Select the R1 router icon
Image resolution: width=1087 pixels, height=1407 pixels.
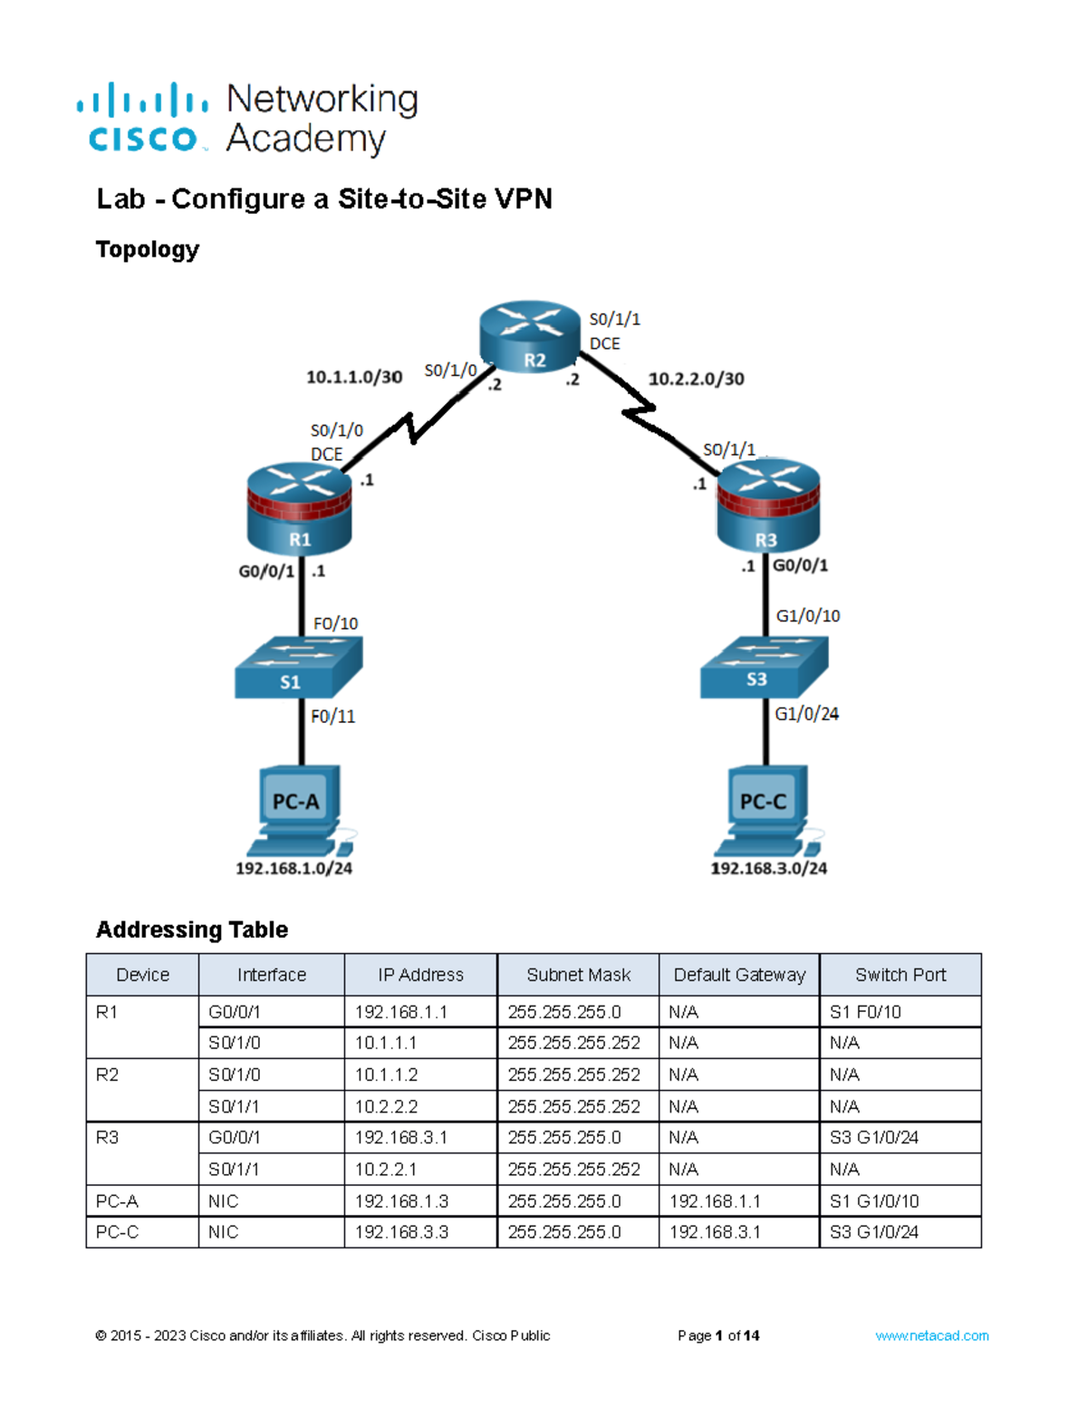pyautogui.click(x=299, y=508)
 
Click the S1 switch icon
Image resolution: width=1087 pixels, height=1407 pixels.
pyautogui.click(x=298, y=667)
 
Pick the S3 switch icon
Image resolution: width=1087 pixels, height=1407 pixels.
pyautogui.click(x=764, y=667)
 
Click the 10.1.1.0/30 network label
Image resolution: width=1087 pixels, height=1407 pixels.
pyautogui.click(x=354, y=377)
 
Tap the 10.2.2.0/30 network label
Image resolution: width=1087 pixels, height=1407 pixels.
pyautogui.click(x=696, y=379)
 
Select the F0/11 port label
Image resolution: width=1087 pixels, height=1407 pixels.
pyautogui.click(x=332, y=717)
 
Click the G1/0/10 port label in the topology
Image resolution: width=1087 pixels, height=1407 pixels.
pyautogui.click(x=808, y=616)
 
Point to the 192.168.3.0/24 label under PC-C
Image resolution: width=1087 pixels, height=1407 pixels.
pyautogui.click(x=768, y=868)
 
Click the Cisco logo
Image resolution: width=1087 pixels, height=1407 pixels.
pyautogui.click(x=143, y=118)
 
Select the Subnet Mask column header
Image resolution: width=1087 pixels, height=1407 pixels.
pyautogui.click(x=578, y=975)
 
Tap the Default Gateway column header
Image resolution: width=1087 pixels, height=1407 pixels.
pyautogui.click(x=739, y=975)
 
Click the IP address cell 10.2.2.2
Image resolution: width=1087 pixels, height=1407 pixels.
pyautogui.click(x=386, y=1106)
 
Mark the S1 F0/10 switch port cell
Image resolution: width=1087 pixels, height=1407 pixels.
pyautogui.click(x=865, y=1012)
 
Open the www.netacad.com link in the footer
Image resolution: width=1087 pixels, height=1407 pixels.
pyautogui.click(x=931, y=1335)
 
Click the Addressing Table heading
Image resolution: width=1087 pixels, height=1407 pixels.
pyautogui.click(x=192, y=930)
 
